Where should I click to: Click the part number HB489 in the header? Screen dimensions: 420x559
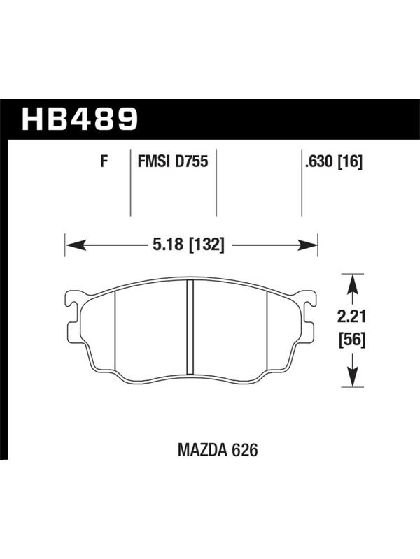80,119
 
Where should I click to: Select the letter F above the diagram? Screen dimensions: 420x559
104,161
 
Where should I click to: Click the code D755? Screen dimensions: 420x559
191,161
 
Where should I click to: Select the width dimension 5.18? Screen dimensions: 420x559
168,245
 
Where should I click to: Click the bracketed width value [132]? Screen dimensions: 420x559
207,245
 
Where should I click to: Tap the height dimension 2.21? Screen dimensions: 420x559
352,316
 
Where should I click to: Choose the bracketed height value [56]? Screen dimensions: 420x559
352,340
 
